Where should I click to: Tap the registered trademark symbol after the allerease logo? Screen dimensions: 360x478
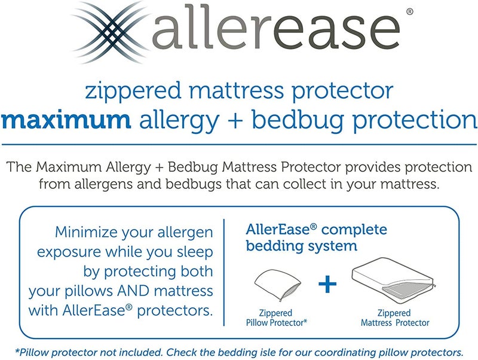coord(409,11)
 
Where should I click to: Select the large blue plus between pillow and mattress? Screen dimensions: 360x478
coord(327,283)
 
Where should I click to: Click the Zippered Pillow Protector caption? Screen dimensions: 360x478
coord(276,318)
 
